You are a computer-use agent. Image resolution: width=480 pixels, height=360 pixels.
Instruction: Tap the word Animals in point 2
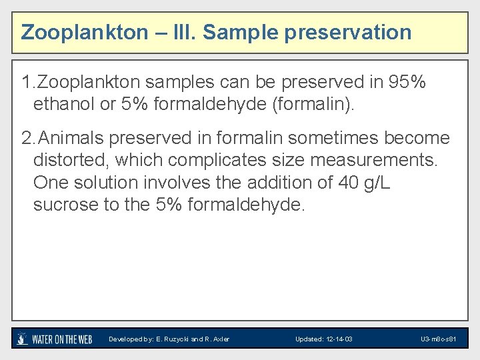click(73, 138)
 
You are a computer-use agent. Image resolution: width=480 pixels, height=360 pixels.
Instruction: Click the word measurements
click(379, 160)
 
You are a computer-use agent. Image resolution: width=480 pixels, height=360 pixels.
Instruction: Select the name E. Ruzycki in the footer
click(172, 339)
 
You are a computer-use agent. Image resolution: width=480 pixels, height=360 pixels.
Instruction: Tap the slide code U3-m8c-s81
click(438, 339)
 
